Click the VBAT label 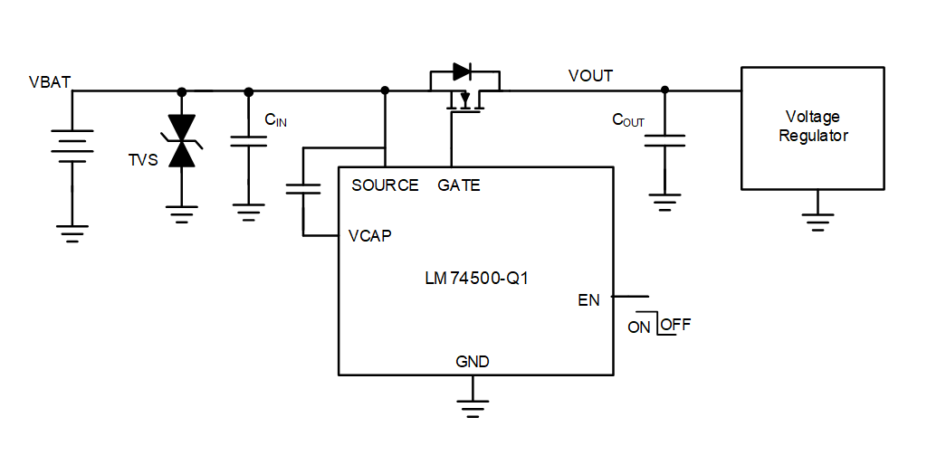pyautogui.click(x=50, y=82)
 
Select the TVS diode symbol pyautogui.click(x=183, y=141)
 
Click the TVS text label pyautogui.click(x=143, y=160)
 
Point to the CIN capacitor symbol pyautogui.click(x=249, y=140)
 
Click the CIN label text pyautogui.click(x=275, y=119)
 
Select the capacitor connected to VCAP pyautogui.click(x=303, y=189)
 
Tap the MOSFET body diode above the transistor pyautogui.click(x=463, y=71)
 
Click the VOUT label pyautogui.click(x=590, y=76)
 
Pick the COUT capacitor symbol pyautogui.click(x=665, y=140)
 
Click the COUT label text pyautogui.click(x=628, y=119)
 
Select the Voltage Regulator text pyautogui.click(x=813, y=127)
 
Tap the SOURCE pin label pyautogui.click(x=385, y=185)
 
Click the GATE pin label pyautogui.click(x=459, y=185)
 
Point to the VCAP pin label pyautogui.click(x=370, y=236)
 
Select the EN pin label pyautogui.click(x=588, y=300)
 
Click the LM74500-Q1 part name pyautogui.click(x=476, y=279)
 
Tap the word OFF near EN pyautogui.click(x=675, y=325)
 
